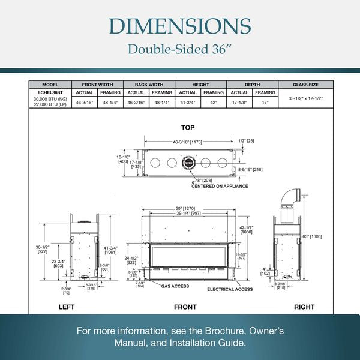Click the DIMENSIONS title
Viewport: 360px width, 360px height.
click(180, 26)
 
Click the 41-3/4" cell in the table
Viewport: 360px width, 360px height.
click(188, 102)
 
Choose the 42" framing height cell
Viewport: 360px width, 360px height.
click(214, 102)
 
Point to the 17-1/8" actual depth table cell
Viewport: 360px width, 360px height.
click(239, 102)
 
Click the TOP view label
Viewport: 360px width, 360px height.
click(187, 127)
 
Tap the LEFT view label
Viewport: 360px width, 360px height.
click(66, 307)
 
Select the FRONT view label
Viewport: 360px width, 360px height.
click(185, 307)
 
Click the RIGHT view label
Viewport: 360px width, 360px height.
click(304, 307)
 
